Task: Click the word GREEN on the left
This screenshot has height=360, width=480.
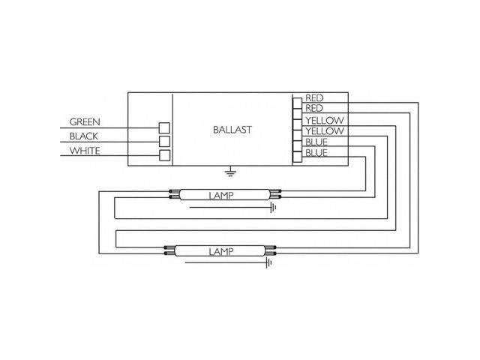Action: coord(85,121)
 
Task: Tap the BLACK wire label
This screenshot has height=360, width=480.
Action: coord(84,136)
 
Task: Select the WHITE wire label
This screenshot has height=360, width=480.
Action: coord(85,151)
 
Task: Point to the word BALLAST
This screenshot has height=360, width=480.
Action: coord(232,129)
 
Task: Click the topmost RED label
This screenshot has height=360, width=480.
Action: coord(313,98)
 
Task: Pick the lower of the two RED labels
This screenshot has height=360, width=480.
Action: coord(313,109)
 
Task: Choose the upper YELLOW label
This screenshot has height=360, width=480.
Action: coord(323,120)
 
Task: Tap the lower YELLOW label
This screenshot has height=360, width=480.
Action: coord(323,131)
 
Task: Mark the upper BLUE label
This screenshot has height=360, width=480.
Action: coord(315,142)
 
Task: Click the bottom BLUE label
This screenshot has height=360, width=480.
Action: coord(315,154)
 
